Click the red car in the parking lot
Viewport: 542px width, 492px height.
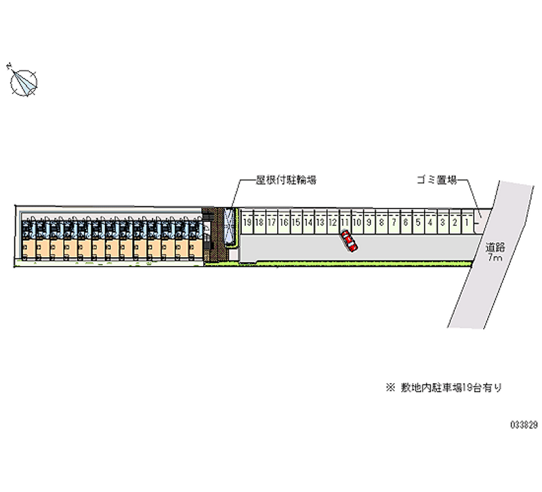[349, 240]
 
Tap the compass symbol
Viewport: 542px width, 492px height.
[24, 81]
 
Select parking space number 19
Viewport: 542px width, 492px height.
[247, 222]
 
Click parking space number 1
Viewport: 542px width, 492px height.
[466, 222]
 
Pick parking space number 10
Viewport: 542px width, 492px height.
[356, 222]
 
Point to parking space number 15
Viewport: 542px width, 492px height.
[295, 222]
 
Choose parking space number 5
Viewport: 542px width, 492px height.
[418, 222]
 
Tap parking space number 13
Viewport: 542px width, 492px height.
[320, 222]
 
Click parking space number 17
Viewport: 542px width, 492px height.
[271, 222]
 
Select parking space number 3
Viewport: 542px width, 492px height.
[442, 222]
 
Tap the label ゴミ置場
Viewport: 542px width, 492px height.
[436, 180]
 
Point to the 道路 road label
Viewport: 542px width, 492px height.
[495, 248]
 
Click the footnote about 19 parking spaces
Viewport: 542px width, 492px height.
[444, 388]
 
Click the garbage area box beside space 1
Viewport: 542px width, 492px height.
[478, 219]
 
